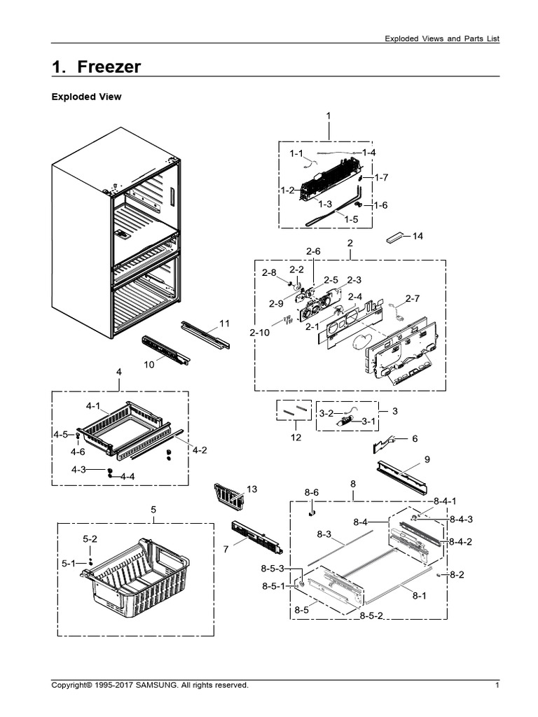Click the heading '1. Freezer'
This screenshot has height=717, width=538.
pos(97,67)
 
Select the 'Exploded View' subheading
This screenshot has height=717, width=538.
pos(86,97)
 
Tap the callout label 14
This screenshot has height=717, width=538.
pos(418,236)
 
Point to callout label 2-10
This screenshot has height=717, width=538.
pos(258,333)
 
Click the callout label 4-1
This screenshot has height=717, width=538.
pos(93,405)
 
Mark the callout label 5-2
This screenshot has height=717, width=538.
pos(90,538)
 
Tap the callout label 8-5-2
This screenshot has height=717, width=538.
pos(371,615)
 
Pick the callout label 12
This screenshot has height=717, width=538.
pos(296,438)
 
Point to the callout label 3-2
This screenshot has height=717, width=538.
pos(326,414)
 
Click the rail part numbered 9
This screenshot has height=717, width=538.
pos(402,477)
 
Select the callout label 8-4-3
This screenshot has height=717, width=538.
pos(462,519)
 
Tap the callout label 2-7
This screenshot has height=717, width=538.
pos(413,299)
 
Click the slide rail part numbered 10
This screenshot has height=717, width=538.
pos(165,349)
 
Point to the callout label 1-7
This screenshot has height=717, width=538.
pos(380,178)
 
